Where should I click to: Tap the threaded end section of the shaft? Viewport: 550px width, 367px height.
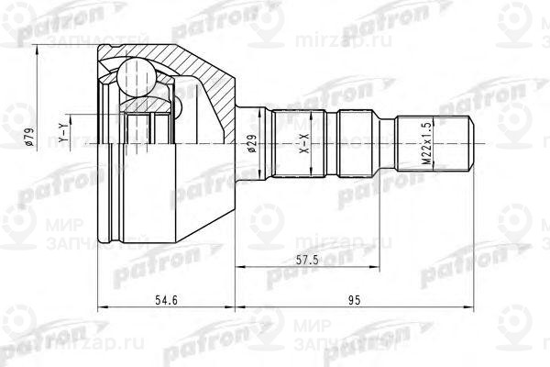pos(438,143)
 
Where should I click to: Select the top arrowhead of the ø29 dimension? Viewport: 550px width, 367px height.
pos(260,114)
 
